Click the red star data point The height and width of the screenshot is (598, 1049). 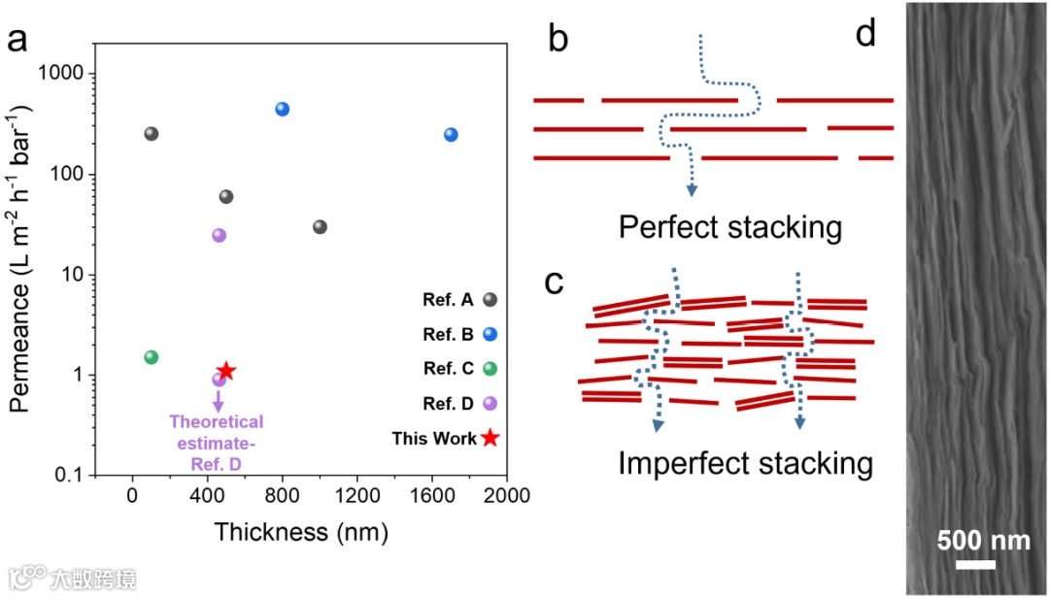[226, 371]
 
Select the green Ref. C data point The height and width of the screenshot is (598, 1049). [151, 357]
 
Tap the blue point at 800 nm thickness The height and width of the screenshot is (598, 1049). [283, 109]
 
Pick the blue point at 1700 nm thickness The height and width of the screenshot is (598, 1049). [451, 135]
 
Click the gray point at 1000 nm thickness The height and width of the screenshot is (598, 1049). [320, 227]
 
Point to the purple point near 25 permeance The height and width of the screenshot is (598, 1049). [219, 235]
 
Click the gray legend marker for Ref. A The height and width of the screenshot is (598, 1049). [491, 300]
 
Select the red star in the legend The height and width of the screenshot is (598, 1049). [491, 438]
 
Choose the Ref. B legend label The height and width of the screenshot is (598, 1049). [448, 335]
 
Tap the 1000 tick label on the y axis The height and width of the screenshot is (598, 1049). [90, 74]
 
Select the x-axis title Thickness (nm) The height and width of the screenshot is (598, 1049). [301, 532]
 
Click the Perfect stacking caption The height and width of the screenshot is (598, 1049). [729, 228]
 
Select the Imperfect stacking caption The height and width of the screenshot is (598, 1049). [745, 463]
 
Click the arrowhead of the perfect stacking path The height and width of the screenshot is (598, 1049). [692, 189]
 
